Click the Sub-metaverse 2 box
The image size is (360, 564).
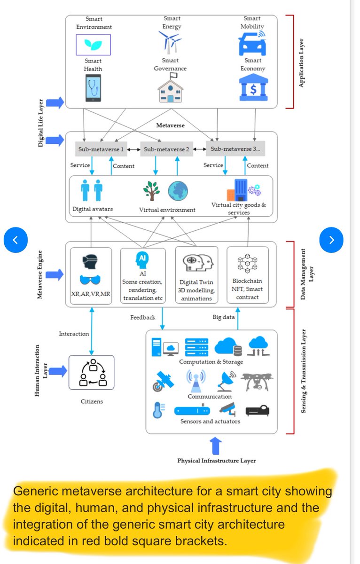coord(166,149)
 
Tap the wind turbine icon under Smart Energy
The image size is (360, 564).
coord(170,42)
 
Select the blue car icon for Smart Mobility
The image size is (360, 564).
coord(252,43)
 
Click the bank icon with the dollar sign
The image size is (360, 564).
coord(253,87)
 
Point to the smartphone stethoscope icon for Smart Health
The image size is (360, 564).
coord(93,88)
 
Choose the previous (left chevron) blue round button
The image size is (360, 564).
coord(16,240)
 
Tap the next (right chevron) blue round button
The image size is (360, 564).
coord(331,240)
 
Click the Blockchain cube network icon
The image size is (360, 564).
coord(248,263)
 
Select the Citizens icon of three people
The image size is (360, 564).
coord(93,373)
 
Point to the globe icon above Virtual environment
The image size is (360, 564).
coord(178,191)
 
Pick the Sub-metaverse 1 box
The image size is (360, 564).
coord(101,149)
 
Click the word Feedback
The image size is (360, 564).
coord(143,318)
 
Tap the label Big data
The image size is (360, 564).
coord(224,317)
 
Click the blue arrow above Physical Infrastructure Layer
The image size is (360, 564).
coord(216,446)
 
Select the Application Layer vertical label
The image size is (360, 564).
coord(301,63)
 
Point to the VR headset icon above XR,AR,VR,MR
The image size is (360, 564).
coord(90,262)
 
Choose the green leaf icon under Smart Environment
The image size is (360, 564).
coord(93,45)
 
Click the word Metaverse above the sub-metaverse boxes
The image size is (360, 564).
coord(170,125)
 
